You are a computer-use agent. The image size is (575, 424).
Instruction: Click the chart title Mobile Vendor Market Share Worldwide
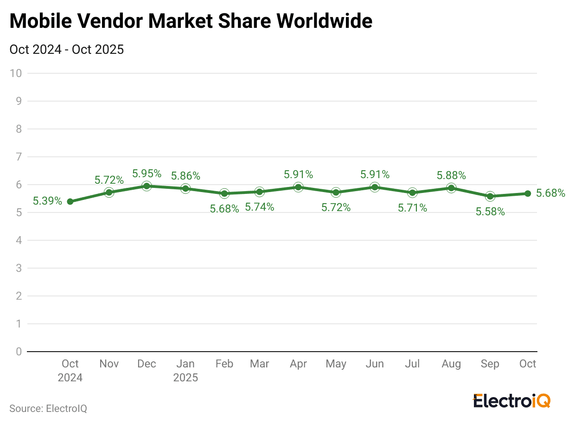[191, 21]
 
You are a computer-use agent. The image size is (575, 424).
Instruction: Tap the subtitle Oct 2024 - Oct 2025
[66, 49]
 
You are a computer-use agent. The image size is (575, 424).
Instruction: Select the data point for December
[147, 186]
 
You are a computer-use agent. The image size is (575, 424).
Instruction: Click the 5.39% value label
[47, 201]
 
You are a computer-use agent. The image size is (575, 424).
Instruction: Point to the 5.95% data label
[147, 173]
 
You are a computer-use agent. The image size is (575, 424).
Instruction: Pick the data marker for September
[490, 196]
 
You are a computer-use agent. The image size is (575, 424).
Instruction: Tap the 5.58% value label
[490, 212]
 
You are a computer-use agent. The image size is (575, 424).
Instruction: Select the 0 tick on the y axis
[19, 352]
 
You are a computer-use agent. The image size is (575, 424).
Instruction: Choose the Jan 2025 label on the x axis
[185, 370]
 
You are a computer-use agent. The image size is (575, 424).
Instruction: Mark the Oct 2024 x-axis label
[70, 370]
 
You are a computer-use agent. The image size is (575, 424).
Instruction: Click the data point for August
[451, 188]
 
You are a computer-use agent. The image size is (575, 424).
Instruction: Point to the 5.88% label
[451, 175]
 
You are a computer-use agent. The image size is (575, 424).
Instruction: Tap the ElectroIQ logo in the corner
[511, 400]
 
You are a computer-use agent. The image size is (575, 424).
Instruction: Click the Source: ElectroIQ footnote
[48, 409]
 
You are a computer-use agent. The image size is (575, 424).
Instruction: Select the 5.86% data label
[185, 176]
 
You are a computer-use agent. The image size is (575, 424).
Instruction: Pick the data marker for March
[259, 192]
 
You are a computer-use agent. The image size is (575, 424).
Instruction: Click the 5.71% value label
[412, 208]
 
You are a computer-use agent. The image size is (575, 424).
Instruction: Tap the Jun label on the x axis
[375, 364]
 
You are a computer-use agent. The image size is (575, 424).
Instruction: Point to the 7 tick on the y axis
[19, 157]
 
